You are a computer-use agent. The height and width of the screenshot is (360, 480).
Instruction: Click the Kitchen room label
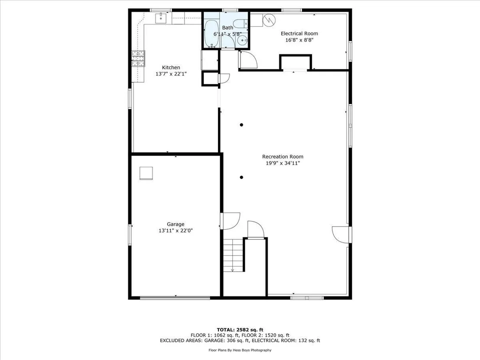(171, 67)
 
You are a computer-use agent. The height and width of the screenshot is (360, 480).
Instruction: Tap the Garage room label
(175, 224)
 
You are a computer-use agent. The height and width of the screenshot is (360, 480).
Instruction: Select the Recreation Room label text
(282, 156)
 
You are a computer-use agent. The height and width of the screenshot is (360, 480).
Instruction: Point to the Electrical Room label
(299, 33)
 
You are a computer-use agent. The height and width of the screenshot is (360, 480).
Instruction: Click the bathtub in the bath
(211, 34)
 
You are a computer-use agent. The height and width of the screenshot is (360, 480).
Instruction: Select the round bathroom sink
(243, 40)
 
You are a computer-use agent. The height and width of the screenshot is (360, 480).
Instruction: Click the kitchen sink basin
(161, 18)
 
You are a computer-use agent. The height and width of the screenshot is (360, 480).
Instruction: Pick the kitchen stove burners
(138, 58)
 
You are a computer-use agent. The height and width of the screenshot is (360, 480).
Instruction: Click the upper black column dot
(242, 125)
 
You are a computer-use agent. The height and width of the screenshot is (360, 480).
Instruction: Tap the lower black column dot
(242, 177)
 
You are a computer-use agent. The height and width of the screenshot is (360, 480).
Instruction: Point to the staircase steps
(233, 255)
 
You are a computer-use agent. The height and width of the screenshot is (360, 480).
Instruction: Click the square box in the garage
(146, 173)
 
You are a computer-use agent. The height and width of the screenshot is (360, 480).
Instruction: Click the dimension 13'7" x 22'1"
(171, 74)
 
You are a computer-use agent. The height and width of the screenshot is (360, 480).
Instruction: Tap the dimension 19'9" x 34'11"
(282, 163)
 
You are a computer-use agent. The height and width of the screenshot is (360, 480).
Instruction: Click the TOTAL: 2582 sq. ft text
(240, 330)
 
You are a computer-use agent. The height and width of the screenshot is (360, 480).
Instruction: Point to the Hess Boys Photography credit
(240, 350)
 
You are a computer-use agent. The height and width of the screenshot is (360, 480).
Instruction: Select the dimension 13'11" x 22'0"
(175, 230)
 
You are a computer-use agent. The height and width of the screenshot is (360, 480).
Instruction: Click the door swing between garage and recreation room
(230, 221)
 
